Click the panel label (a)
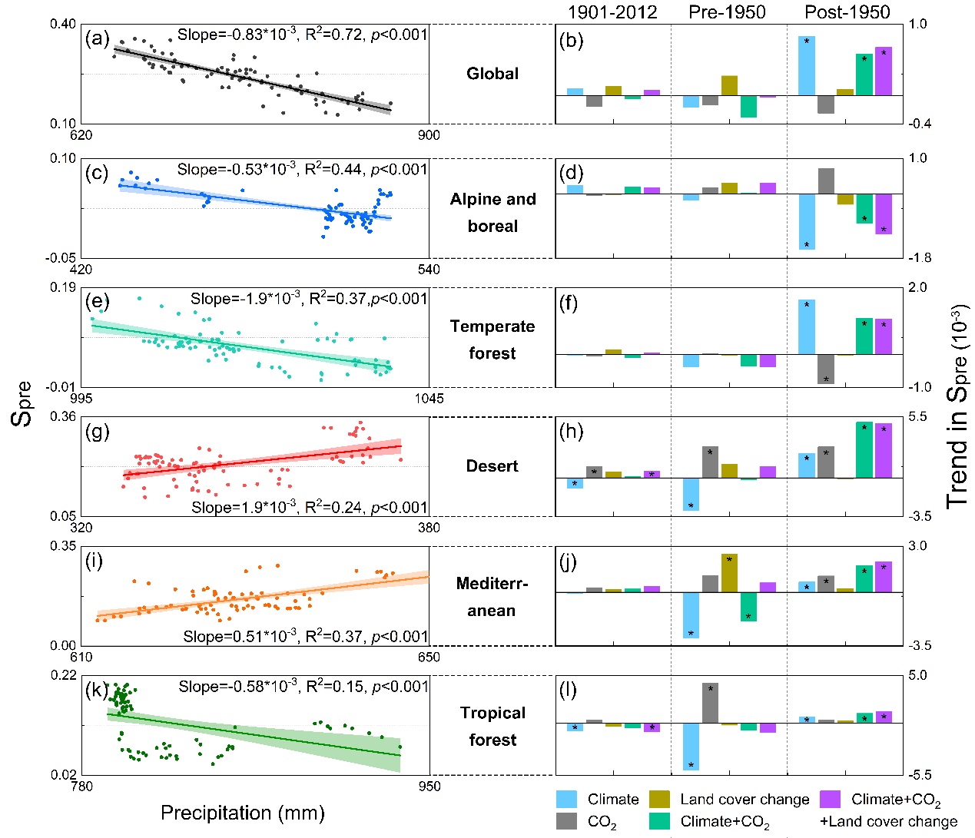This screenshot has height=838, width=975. point(98,38)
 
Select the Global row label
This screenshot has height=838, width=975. point(492,74)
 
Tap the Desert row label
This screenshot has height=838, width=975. point(492,466)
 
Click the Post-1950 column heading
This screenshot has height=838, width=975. point(847,12)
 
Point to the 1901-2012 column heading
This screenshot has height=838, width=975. point(612,12)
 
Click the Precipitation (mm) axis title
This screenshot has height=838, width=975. point(243,813)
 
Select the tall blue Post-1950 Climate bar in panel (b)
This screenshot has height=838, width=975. point(807,66)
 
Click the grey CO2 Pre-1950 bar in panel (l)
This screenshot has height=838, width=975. point(710,703)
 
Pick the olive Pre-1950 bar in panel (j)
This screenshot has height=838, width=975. point(729,573)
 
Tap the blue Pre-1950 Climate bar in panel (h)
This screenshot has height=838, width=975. point(691,494)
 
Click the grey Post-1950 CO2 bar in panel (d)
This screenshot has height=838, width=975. point(826,181)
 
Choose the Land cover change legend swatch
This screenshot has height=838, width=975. point(660,800)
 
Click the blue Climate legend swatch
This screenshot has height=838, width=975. point(567,800)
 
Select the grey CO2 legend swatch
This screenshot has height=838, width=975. point(567,821)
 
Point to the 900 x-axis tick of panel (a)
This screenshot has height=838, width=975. point(429,135)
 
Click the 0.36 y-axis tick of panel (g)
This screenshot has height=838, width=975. point(63,416)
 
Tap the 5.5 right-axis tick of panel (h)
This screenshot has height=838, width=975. point(918,416)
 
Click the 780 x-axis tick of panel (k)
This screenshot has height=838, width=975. point(81,786)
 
